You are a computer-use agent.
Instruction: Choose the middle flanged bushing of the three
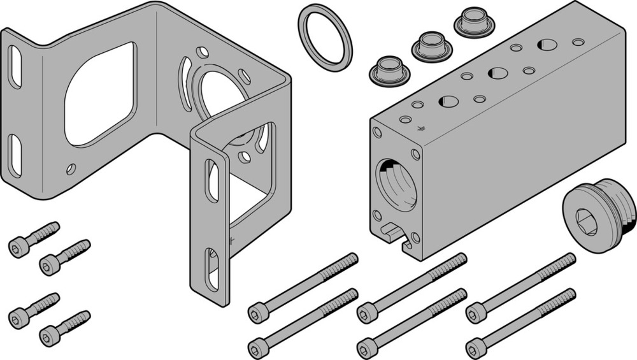(x=431, y=46)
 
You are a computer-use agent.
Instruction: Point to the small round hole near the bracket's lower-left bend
(x=71, y=169)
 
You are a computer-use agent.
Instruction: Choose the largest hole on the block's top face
(x=547, y=45)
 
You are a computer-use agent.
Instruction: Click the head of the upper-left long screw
(x=257, y=313)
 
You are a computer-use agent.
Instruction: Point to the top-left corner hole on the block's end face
(x=377, y=133)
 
